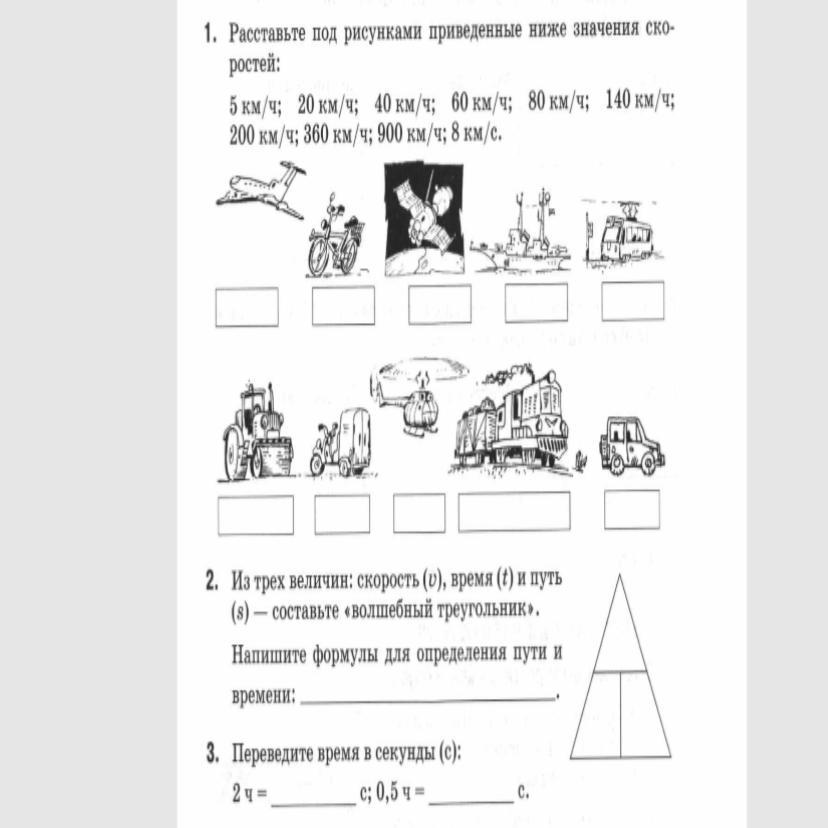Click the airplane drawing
(261, 189)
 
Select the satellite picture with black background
(424, 219)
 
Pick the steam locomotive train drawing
(511, 421)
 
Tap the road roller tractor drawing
(256, 432)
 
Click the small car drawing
(632, 445)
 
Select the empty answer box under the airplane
(247, 307)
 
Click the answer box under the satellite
(440, 304)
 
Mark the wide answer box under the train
(514, 511)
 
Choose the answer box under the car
(632, 510)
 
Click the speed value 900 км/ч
(410, 135)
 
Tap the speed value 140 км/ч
(639, 99)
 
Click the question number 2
(211, 582)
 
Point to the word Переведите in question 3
(273, 754)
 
